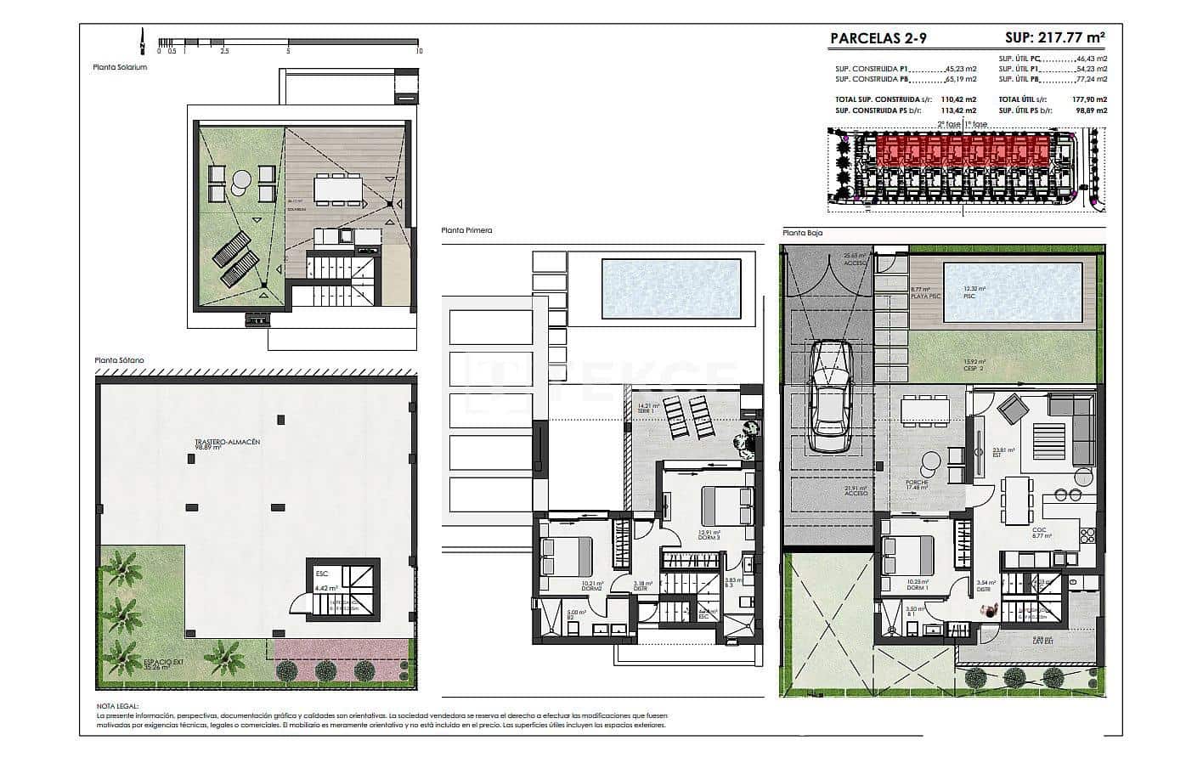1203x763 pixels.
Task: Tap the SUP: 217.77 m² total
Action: [1055, 37]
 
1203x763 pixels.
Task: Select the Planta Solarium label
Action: [121, 67]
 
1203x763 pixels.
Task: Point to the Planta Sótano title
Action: [120, 360]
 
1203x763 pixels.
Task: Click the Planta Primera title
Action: [466, 230]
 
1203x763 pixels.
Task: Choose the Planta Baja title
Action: [803, 232]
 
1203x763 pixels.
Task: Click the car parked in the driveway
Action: [830, 397]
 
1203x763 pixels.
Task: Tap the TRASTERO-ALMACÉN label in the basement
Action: [227, 443]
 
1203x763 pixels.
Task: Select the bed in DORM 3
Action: [727, 506]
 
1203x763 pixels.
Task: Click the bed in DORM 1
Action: [902, 557]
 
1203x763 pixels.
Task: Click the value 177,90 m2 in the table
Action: [1089, 99]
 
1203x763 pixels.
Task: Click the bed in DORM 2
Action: [566, 557]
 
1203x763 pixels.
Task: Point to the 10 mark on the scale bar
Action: [418, 51]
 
